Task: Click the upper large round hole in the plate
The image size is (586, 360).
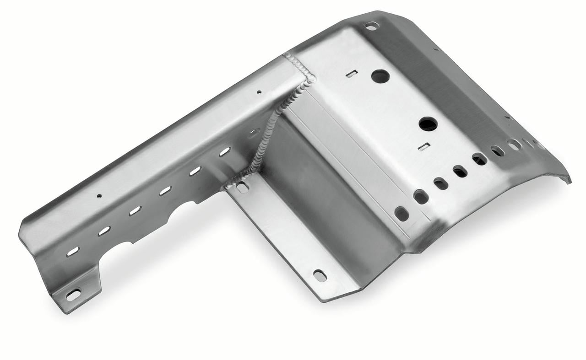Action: (x=380, y=76)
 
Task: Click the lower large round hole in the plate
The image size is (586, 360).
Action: (x=428, y=124)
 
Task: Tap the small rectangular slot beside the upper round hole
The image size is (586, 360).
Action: (x=352, y=73)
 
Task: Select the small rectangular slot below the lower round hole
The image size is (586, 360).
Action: (x=424, y=146)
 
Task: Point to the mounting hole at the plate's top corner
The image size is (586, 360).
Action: (x=372, y=26)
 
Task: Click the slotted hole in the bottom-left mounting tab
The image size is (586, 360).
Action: (x=73, y=295)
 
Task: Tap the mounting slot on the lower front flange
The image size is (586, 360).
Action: (x=320, y=275)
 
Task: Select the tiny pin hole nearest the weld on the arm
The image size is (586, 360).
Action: (x=259, y=92)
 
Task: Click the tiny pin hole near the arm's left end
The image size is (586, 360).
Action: (x=99, y=196)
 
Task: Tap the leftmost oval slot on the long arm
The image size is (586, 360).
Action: (x=73, y=251)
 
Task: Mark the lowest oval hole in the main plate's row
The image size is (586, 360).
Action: (x=402, y=213)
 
